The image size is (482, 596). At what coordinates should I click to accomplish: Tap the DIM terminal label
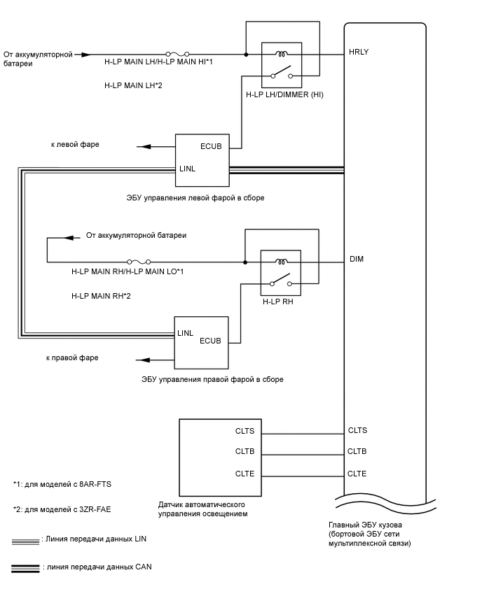coord(356,259)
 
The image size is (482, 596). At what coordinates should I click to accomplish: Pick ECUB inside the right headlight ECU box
coord(211,341)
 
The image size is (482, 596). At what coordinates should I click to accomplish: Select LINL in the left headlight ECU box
coord(188,169)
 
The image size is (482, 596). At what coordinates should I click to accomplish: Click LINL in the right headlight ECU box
coord(186,332)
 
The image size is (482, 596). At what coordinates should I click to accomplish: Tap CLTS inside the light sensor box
coord(245,431)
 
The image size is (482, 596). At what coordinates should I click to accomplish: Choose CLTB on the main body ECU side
coord(357,452)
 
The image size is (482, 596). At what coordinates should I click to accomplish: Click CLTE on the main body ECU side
coord(357,474)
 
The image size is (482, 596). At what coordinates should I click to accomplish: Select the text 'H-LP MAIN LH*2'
coord(133,85)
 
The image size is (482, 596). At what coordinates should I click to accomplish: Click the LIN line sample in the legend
coord(25,540)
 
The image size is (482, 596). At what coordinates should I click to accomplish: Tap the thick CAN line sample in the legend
coord(25,567)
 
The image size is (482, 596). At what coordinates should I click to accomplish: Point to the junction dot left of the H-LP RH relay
coord(245,262)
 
